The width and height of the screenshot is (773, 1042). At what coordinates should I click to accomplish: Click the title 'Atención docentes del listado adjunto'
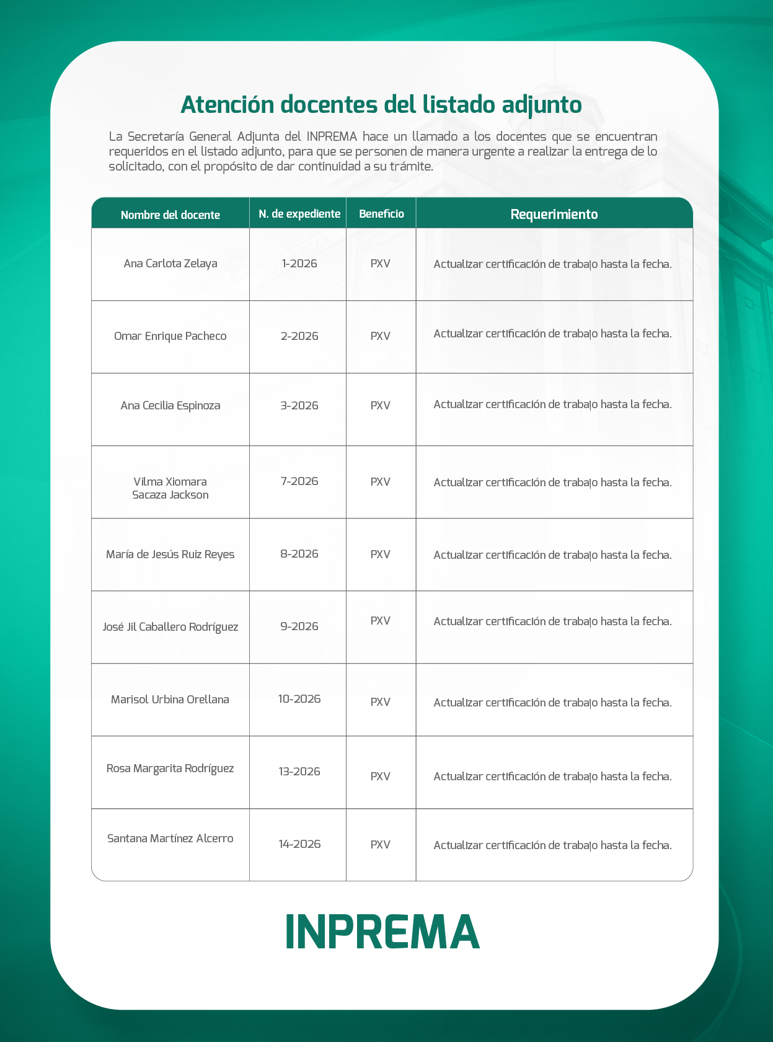tap(381, 105)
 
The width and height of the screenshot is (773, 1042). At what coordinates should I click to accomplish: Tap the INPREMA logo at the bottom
tap(382, 932)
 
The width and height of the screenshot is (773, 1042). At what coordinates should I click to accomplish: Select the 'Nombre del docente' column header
tap(170, 215)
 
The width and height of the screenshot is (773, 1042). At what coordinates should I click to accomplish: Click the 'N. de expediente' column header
tap(299, 214)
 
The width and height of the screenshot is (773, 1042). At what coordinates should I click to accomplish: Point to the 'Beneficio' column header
tap(381, 214)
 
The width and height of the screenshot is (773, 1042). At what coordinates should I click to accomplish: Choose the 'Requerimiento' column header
tap(554, 214)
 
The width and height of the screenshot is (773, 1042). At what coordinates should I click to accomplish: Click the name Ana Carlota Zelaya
tap(170, 264)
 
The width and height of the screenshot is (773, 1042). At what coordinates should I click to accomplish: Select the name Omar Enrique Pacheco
tap(170, 336)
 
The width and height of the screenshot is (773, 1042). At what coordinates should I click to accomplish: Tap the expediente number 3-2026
tap(299, 406)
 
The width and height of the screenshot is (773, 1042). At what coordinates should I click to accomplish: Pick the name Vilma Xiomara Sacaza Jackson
tap(170, 488)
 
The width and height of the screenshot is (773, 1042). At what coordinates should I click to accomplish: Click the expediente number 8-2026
tap(299, 554)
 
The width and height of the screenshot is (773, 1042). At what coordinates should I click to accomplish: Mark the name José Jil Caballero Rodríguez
tap(170, 626)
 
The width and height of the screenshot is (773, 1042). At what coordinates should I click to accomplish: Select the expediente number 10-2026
tap(299, 699)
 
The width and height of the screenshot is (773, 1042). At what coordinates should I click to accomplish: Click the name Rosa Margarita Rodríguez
tap(170, 768)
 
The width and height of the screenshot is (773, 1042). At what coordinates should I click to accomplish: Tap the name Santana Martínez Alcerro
tap(170, 839)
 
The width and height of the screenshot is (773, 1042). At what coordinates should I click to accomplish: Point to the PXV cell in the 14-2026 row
tap(381, 845)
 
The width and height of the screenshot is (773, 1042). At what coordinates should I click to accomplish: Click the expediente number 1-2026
tap(299, 264)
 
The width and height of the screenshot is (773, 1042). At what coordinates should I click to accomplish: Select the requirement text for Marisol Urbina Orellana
tap(552, 703)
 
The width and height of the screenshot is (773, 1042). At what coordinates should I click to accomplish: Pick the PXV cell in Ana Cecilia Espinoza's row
tap(381, 406)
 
